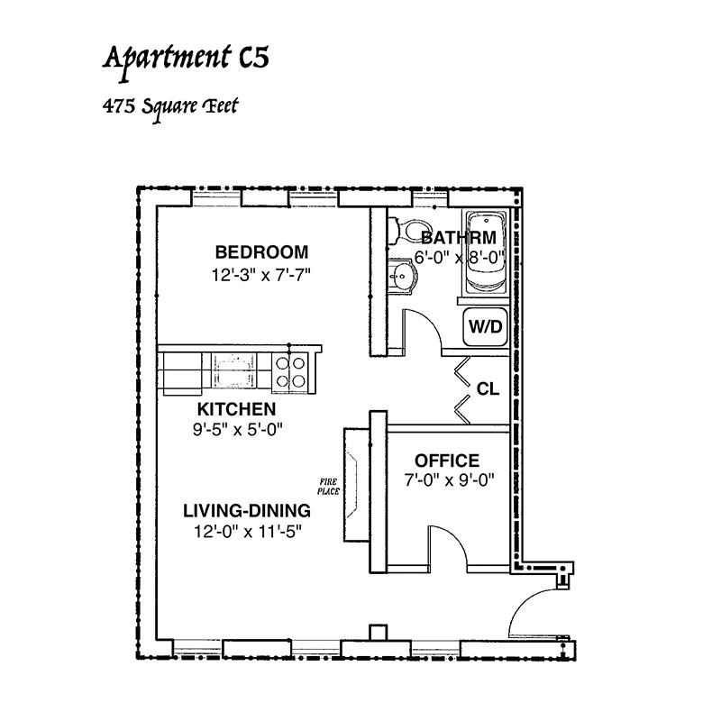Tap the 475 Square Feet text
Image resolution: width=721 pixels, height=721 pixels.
pyautogui.click(x=170, y=107)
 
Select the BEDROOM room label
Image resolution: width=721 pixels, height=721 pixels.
pyautogui.click(x=261, y=252)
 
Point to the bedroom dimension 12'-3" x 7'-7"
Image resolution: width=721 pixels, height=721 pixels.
pyautogui.click(x=261, y=275)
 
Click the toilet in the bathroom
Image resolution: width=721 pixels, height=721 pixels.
pyautogui.click(x=410, y=231)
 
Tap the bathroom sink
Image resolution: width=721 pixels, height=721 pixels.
pyautogui.click(x=403, y=275)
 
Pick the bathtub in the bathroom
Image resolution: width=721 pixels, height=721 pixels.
pyautogui.click(x=486, y=251)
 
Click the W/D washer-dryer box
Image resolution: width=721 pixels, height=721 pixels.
pyautogui.click(x=486, y=327)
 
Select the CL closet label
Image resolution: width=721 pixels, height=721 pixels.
pyautogui.click(x=488, y=389)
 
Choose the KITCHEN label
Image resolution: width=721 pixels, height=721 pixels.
pyautogui.click(x=236, y=409)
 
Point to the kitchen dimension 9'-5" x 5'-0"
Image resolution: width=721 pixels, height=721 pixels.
pyautogui.click(x=237, y=430)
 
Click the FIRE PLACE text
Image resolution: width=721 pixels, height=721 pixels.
pyautogui.click(x=328, y=487)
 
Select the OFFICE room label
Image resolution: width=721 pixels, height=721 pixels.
pyautogui.click(x=447, y=461)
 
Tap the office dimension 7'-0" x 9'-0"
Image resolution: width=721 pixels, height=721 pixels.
pyautogui.click(x=449, y=480)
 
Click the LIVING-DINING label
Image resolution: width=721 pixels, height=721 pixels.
pyautogui.click(x=247, y=511)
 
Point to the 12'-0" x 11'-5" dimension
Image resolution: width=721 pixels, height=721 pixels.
pyautogui.click(x=248, y=532)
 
